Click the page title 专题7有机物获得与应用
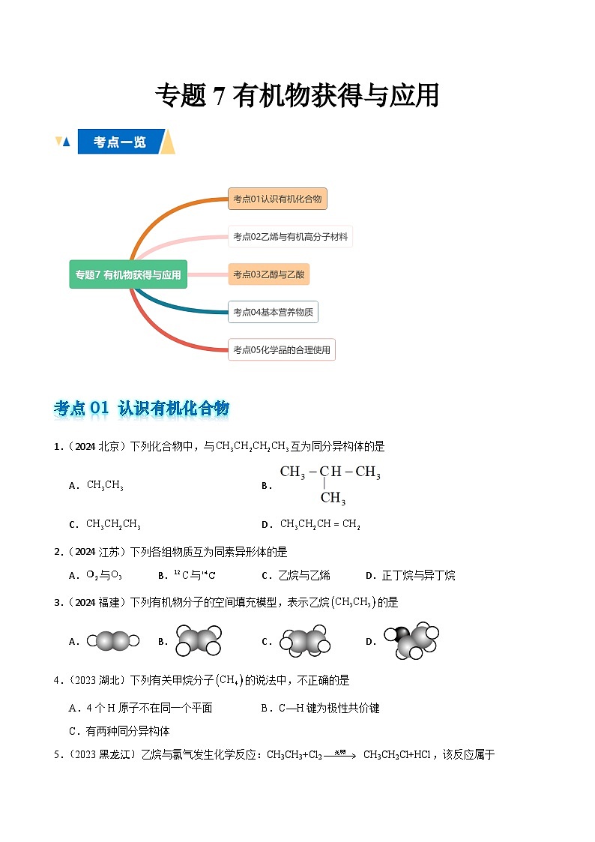click(x=297, y=96)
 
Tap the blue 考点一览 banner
click(x=120, y=142)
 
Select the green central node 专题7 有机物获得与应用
click(x=128, y=274)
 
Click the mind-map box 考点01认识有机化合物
click(x=277, y=199)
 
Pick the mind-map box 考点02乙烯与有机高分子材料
click(x=290, y=236)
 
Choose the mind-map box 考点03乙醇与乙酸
click(x=268, y=274)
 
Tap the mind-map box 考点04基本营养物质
click(x=273, y=312)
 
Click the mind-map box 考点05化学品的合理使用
click(x=281, y=349)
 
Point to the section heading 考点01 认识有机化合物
click(x=142, y=408)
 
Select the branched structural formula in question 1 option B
click(x=330, y=484)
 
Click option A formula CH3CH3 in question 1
click(x=105, y=485)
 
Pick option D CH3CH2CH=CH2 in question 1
click(x=320, y=524)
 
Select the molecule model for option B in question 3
click(x=199, y=641)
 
